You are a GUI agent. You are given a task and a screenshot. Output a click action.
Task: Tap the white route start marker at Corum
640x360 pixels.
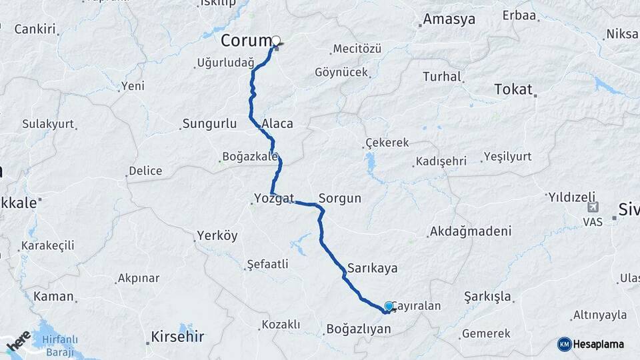(276, 41)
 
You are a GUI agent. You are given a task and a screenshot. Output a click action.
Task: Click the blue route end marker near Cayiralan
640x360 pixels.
(389, 305)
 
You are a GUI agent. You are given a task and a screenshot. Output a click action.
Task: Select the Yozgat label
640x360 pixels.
(273, 198)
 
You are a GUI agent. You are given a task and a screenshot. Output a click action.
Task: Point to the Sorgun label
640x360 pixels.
(340, 198)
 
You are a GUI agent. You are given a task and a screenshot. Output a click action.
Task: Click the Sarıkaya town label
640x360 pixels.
(372, 268)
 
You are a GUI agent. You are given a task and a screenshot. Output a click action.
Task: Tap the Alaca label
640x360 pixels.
(277, 124)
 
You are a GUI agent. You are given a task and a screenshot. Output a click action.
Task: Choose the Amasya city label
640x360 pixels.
(449, 19)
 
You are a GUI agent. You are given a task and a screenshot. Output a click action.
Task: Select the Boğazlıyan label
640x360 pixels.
(358, 329)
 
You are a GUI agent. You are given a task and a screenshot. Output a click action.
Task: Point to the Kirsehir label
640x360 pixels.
(178, 336)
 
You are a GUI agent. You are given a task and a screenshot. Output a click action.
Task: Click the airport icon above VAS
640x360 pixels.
(593, 208)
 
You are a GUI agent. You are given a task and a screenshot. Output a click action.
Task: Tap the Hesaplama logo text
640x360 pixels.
(599, 344)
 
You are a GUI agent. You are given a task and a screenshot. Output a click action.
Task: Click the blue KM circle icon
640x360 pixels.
(564, 344)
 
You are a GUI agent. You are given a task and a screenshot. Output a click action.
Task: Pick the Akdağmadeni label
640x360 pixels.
(471, 232)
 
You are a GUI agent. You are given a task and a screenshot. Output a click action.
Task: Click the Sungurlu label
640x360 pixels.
(209, 124)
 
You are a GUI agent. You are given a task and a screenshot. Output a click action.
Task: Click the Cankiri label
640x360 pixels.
(35, 29)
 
